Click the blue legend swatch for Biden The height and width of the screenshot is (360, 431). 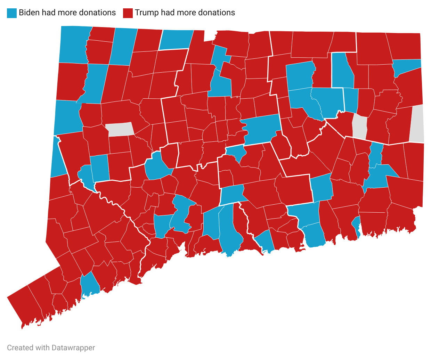click(12, 13)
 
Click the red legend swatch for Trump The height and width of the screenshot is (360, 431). click(128, 13)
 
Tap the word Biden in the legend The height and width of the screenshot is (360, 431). click(29, 13)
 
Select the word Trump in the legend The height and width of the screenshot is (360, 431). click(146, 13)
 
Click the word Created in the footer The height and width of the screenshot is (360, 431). click(20, 347)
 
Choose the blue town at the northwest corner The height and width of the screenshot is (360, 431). click(74, 44)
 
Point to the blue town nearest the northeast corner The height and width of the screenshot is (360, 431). click(407, 66)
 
